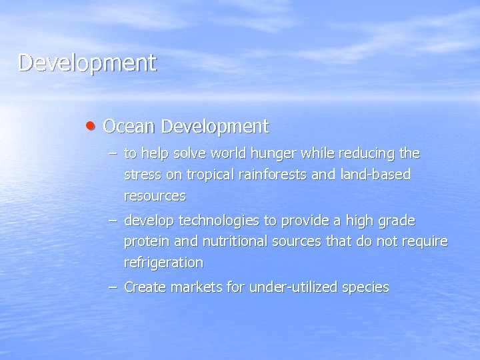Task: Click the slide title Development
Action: click(x=87, y=63)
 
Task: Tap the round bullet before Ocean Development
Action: click(x=91, y=125)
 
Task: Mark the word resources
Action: click(x=155, y=197)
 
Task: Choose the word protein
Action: click(x=145, y=241)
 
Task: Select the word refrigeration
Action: click(x=163, y=263)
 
